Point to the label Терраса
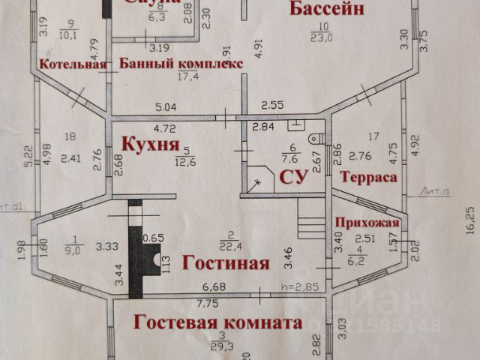coord(367,177)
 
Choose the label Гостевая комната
coord(217,323)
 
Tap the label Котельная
coord(72,64)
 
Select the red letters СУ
coord(294,177)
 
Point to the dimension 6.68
coord(215,286)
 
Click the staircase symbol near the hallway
coord(309,223)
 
